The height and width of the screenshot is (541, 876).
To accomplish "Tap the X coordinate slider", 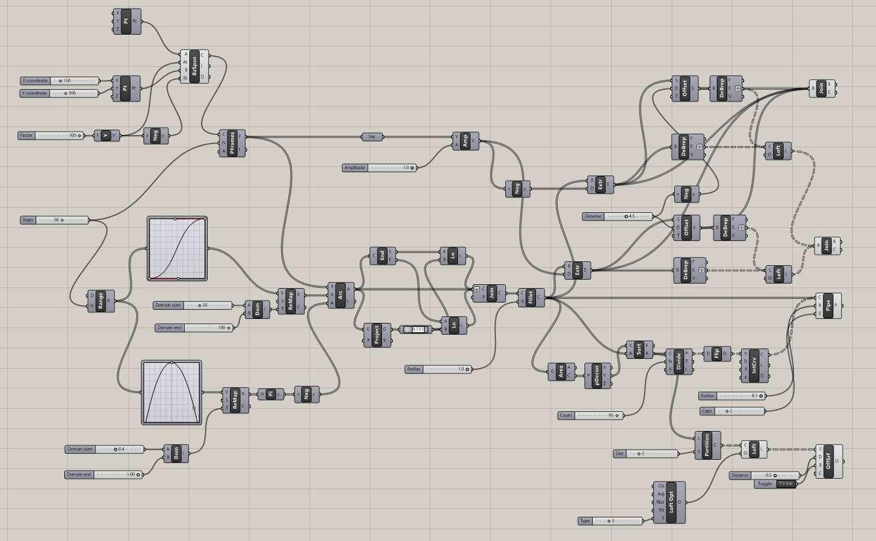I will (60, 81).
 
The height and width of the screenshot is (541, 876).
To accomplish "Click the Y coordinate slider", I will (60, 94).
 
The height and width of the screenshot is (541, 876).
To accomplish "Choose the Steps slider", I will (54, 220).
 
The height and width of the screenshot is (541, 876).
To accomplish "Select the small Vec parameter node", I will (371, 137).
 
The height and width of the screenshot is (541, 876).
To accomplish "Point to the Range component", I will (101, 301).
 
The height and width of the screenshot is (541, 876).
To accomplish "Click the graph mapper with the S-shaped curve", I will (178, 249).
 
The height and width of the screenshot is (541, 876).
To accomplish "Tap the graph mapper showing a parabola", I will (172, 392).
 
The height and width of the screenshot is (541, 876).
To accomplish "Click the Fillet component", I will (531, 297).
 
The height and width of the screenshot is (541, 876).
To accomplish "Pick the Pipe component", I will (829, 306).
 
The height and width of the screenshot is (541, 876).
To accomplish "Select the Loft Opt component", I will (670, 502).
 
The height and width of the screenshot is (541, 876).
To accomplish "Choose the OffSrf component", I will (829, 462).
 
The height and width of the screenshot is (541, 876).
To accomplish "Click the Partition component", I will (707, 445).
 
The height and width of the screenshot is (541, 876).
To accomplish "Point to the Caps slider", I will (732, 411).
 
